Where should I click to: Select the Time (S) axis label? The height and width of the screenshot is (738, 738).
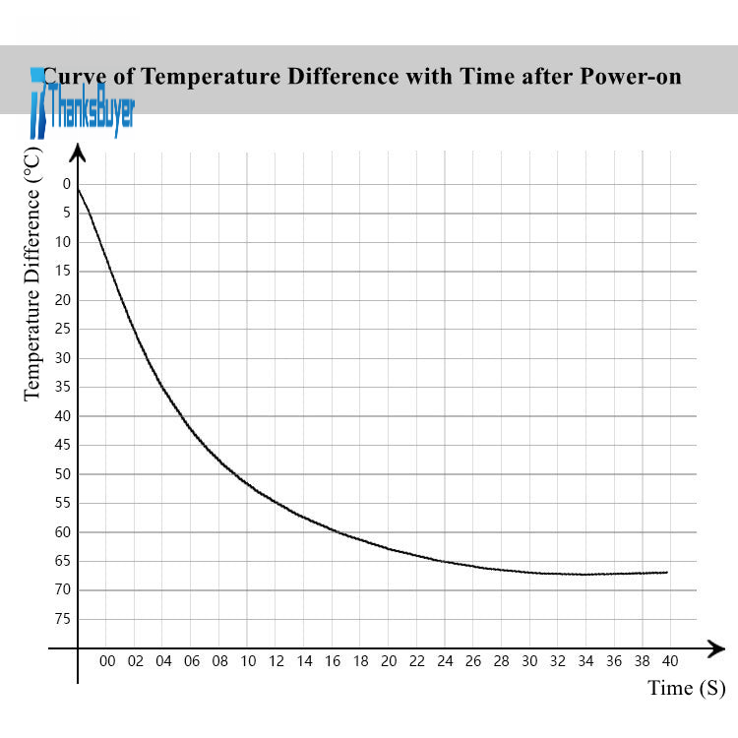[686, 688]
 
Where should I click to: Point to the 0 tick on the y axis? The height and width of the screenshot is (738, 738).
[67, 184]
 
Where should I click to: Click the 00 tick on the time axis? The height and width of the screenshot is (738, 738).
[107, 661]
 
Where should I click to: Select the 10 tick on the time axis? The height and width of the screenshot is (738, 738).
[248, 661]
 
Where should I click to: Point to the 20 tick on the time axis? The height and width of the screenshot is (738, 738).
[389, 661]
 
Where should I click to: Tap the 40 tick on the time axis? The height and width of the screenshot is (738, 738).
[670, 661]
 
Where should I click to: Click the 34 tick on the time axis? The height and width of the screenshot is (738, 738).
[585, 661]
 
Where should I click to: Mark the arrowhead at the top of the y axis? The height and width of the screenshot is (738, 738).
[78, 151]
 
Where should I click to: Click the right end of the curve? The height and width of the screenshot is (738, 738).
[667, 572]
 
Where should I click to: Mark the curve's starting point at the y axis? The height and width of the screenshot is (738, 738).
[78, 187]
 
